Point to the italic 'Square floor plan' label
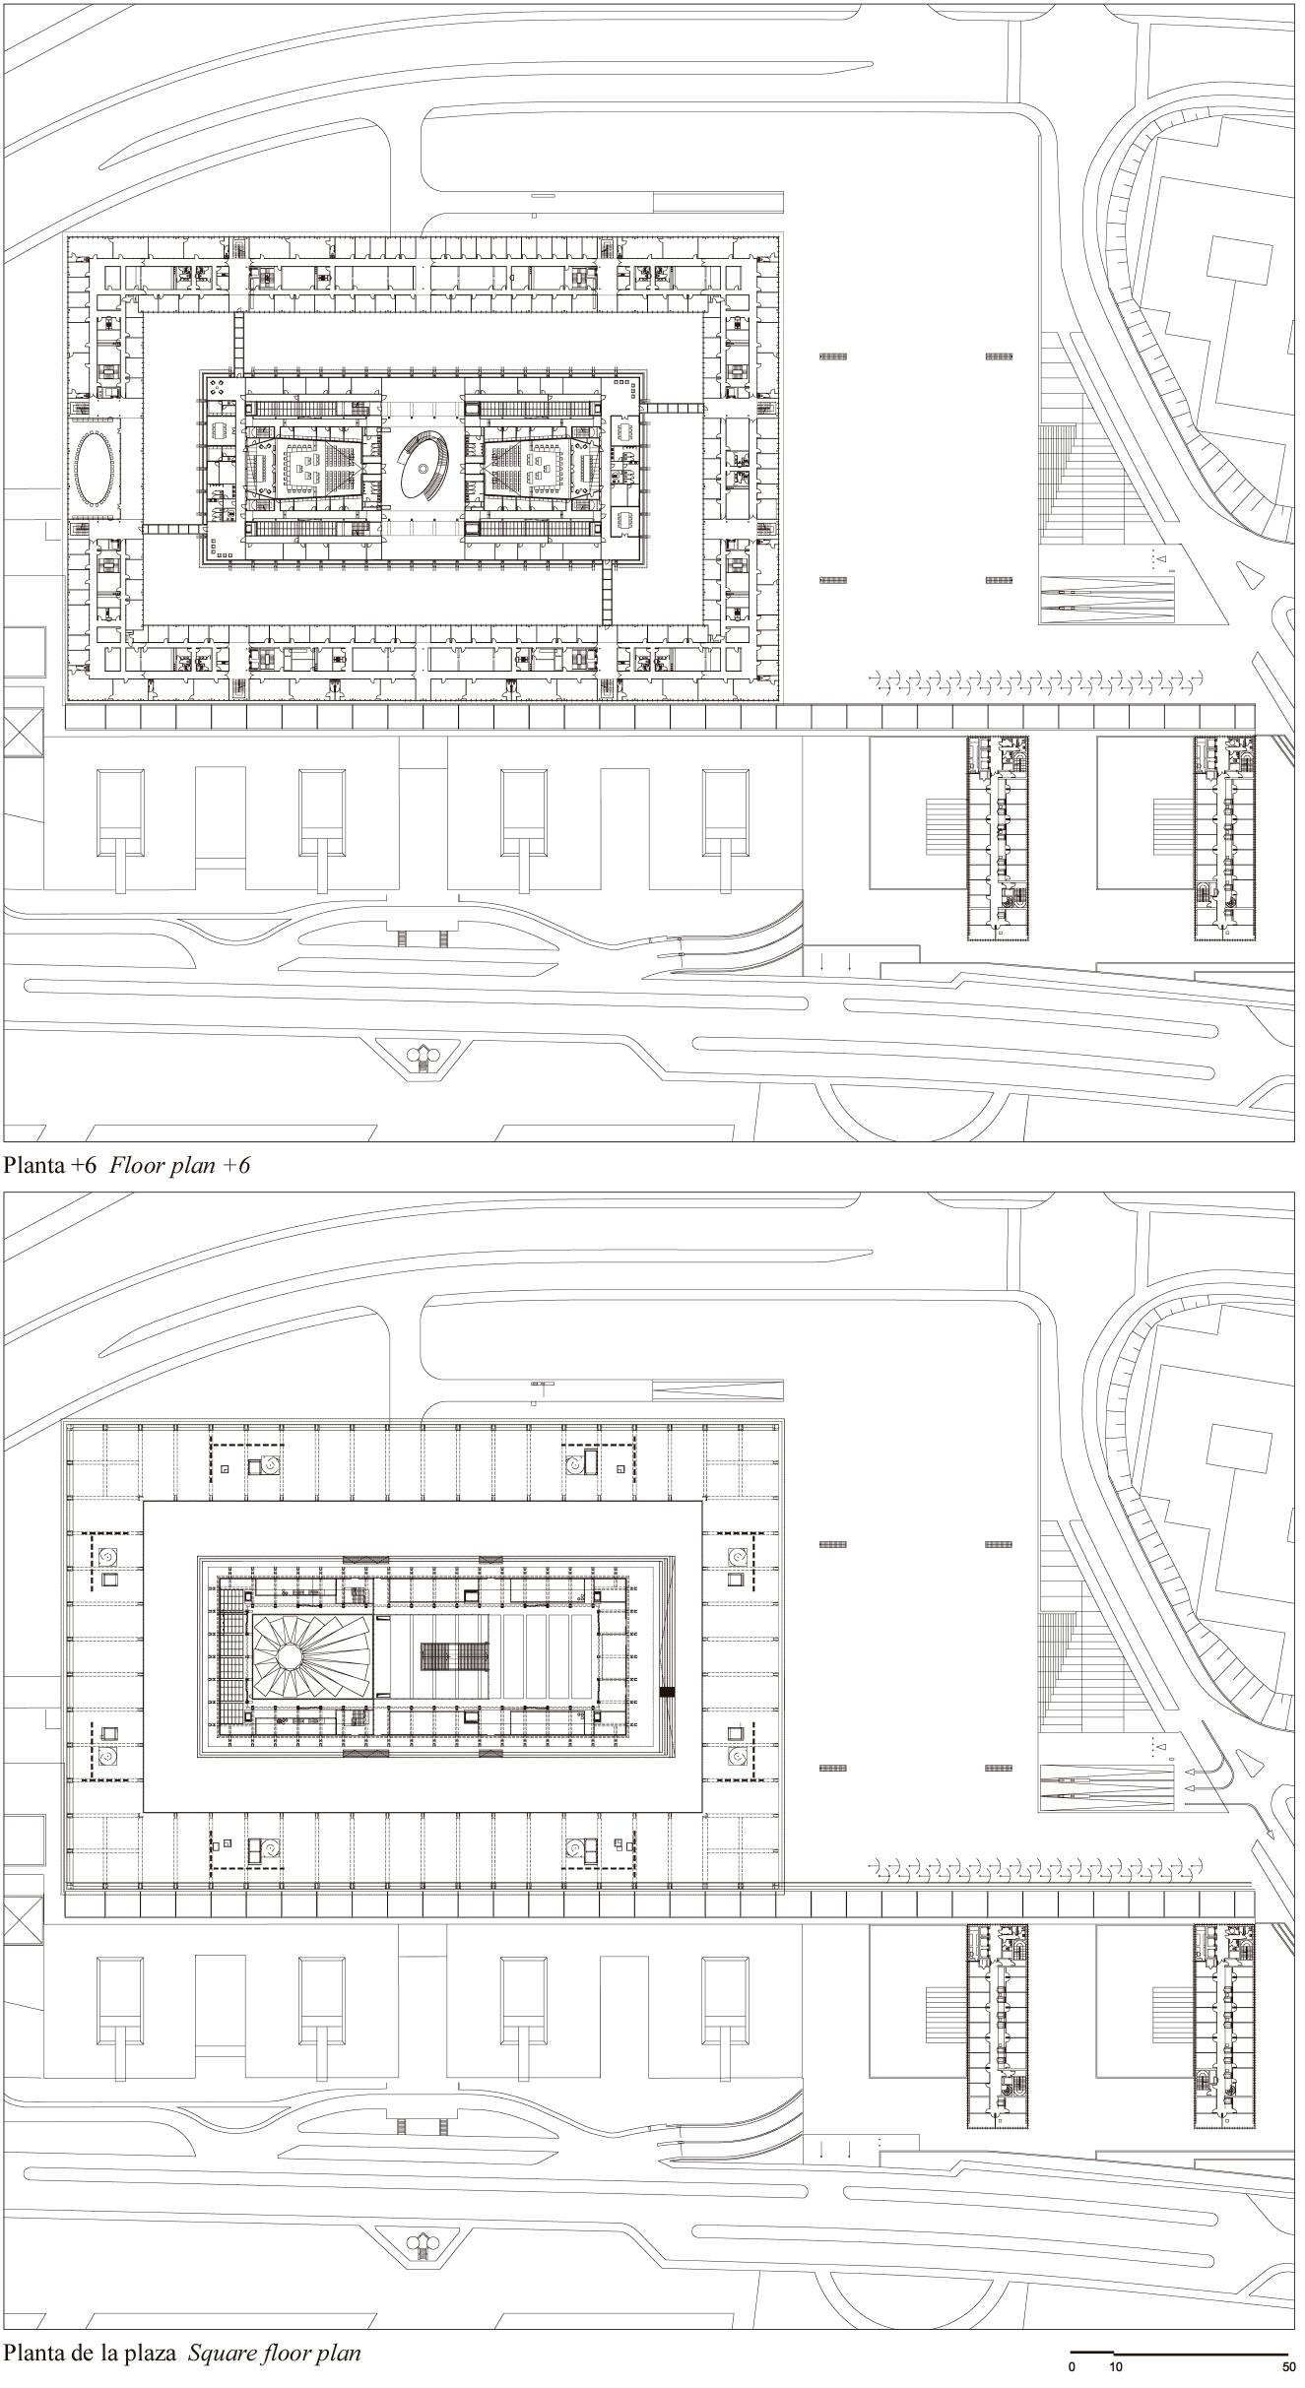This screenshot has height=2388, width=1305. (x=275, y=2354)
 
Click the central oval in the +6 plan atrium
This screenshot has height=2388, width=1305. (x=422, y=468)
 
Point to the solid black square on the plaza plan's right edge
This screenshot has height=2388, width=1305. (x=667, y=1692)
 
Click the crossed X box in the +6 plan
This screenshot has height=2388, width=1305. (x=23, y=733)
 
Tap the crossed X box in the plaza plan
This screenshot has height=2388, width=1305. (x=23, y=1919)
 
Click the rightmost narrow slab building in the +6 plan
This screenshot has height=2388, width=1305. (x=1226, y=837)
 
